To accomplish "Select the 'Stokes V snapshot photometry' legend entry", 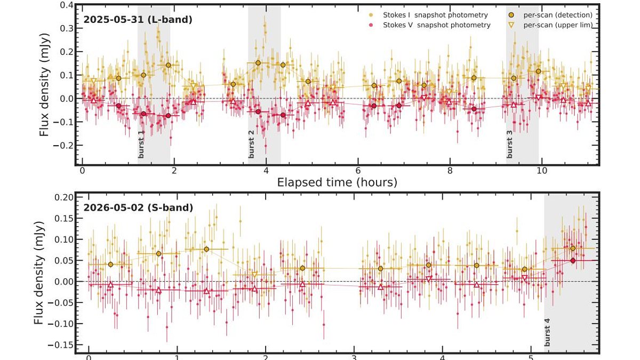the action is click(x=430, y=25).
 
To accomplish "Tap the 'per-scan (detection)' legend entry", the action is click(x=552, y=15).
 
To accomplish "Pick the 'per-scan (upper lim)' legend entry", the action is click(x=552, y=25).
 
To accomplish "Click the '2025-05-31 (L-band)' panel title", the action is click(x=138, y=20).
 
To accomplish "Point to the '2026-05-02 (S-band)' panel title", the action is click(x=138, y=207).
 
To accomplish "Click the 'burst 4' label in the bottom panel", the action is click(x=547, y=332).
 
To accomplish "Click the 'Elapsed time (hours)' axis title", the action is click(x=337, y=182).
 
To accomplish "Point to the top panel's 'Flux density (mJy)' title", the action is click(x=44, y=85).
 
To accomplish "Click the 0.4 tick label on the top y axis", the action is click(x=66, y=5).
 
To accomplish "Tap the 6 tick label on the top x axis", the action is click(x=358, y=171).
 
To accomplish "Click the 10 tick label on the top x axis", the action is click(x=542, y=171).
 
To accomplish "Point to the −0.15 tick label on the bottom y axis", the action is click(x=60, y=345).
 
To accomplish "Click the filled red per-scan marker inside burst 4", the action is click(x=573, y=261).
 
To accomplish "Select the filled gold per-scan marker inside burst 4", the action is click(x=573, y=249).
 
